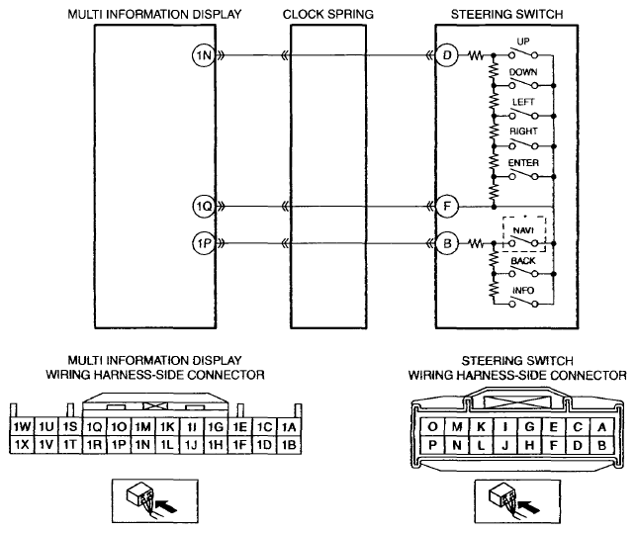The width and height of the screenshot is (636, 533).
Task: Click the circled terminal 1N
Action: coord(203,55)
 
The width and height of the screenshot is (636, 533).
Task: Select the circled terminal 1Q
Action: coord(203,207)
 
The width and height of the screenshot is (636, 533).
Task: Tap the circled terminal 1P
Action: coord(203,243)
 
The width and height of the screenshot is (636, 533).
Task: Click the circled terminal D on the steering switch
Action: coord(447,55)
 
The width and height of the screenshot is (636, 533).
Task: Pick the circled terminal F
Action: coord(447,207)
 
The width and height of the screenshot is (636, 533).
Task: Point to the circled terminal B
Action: coord(447,243)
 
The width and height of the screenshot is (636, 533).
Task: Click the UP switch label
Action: coord(523,42)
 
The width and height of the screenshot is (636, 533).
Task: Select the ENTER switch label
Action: coord(523,162)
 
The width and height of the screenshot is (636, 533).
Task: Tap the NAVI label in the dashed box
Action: coord(523,230)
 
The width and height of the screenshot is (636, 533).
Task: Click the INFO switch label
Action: coord(523,291)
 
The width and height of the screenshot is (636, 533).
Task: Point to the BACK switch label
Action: coord(523,260)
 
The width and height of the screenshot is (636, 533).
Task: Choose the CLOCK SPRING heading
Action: coord(328,14)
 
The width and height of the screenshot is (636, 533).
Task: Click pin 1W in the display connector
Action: coord(22,427)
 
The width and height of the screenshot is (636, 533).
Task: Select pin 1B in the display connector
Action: coord(289,445)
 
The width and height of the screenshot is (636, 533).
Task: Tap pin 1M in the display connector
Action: coord(142,427)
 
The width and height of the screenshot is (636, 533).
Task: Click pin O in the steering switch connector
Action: coord(432,427)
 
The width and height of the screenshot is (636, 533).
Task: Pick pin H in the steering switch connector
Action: coord(529,445)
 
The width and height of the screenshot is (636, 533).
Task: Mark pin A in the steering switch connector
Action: coord(602,427)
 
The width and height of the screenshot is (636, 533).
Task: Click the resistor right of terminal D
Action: coord(476,55)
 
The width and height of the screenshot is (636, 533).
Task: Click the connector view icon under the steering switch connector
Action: coord(517,501)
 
